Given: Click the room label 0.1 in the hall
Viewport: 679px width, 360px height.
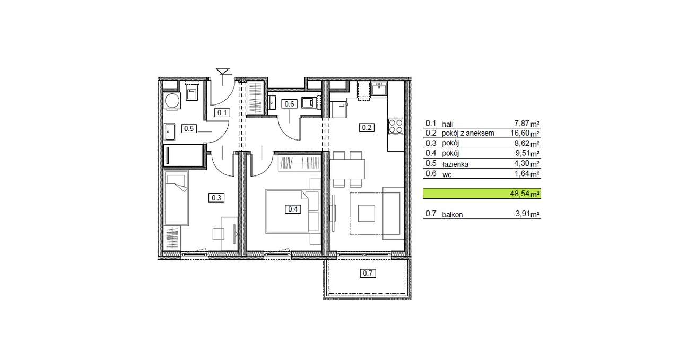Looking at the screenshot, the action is click(x=222, y=113).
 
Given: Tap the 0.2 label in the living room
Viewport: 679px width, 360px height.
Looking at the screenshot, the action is click(x=367, y=128).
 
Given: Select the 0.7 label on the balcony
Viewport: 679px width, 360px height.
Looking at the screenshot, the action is click(x=368, y=274).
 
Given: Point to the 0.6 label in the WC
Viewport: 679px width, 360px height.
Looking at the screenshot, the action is click(x=289, y=104).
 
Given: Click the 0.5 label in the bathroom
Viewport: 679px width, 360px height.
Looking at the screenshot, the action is click(x=188, y=128).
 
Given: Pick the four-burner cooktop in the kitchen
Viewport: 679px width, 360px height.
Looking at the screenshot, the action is click(x=396, y=126).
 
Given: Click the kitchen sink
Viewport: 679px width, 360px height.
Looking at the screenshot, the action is click(x=379, y=90).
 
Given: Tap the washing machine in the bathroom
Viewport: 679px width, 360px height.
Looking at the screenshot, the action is click(x=172, y=101).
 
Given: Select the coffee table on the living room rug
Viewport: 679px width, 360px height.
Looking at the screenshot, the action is click(x=366, y=213).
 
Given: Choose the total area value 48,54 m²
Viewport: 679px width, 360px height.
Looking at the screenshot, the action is click(x=525, y=194).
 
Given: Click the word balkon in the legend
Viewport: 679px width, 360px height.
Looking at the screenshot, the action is click(x=452, y=215).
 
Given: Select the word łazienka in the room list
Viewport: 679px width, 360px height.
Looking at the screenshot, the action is click(x=455, y=164).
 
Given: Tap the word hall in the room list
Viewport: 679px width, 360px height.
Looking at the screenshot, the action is click(x=447, y=124).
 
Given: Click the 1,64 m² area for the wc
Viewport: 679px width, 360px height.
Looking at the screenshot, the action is click(x=527, y=173).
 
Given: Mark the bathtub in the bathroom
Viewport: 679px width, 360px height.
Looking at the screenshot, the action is click(x=184, y=155).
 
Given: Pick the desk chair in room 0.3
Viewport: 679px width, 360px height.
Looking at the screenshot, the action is click(x=218, y=234).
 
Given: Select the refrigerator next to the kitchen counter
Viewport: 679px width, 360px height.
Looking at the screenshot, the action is click(x=338, y=110).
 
